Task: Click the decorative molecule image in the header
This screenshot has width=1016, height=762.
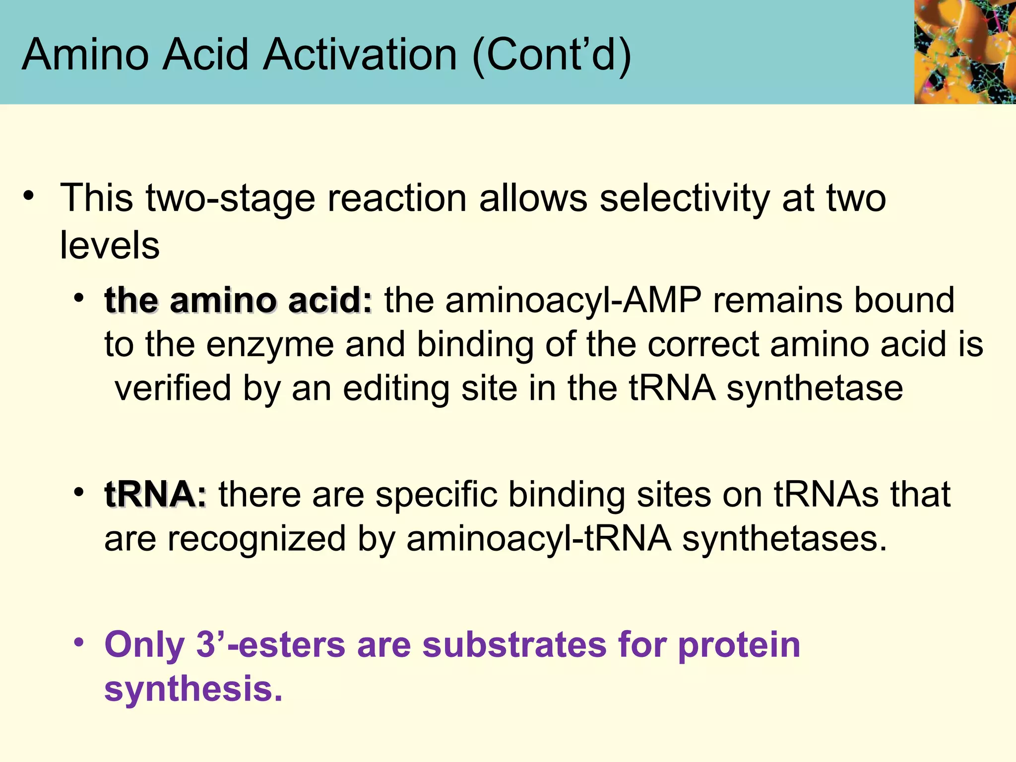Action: (965, 52)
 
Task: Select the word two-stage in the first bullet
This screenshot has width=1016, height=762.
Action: (231, 198)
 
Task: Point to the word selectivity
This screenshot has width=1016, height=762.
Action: (685, 198)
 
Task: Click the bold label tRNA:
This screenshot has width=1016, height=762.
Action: (155, 495)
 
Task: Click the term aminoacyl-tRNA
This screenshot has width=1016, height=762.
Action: (539, 539)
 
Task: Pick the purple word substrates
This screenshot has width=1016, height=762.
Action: (514, 645)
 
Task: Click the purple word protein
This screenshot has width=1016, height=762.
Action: (739, 645)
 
